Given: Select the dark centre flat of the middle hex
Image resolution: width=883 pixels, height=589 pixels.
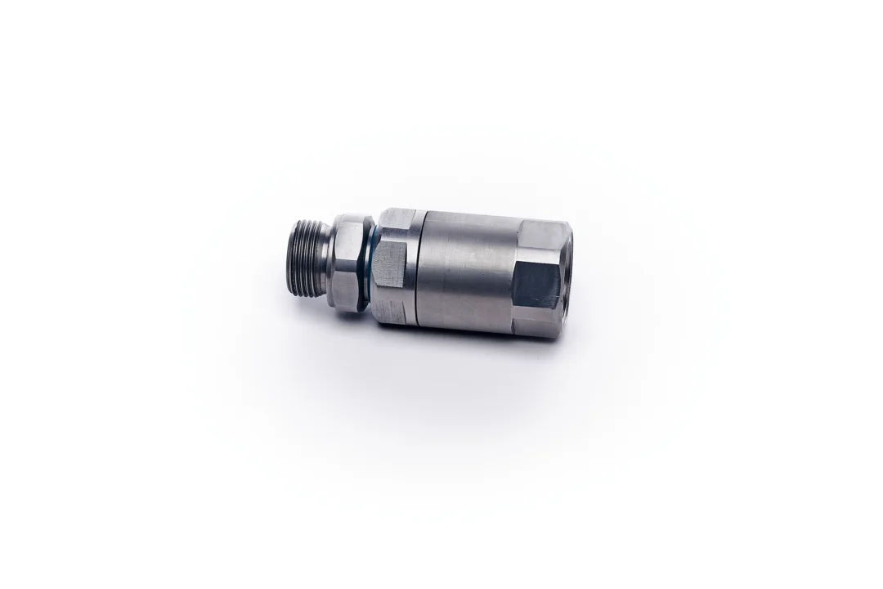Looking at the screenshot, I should (391, 263).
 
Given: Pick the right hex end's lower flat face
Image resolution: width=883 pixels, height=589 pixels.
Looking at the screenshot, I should (536, 323).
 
